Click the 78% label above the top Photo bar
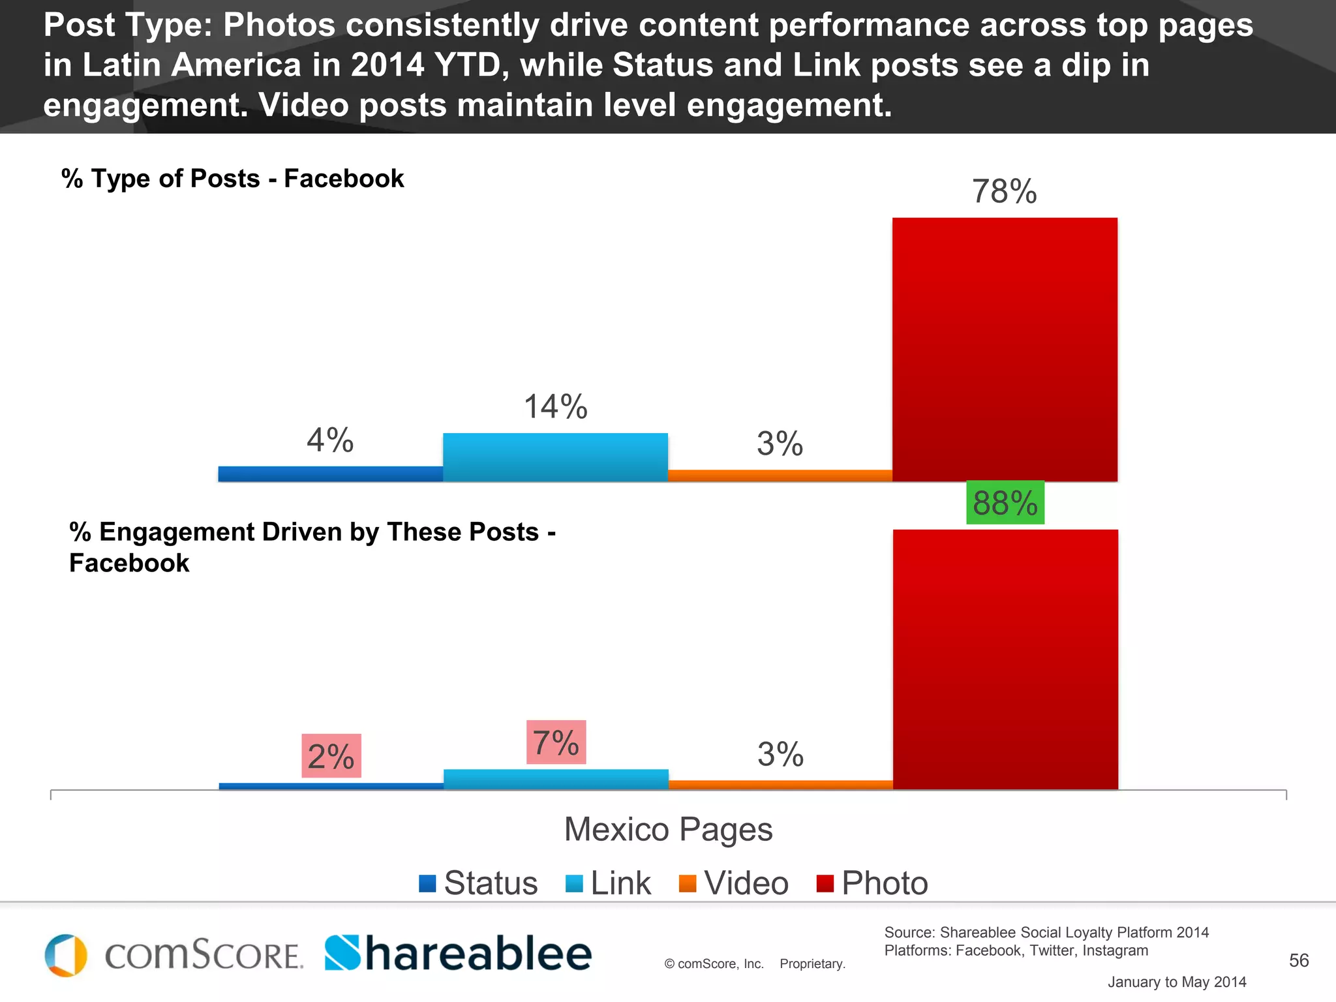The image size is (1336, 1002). click(1004, 192)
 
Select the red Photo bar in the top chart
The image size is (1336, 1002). click(1005, 350)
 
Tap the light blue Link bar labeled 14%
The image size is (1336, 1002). click(555, 457)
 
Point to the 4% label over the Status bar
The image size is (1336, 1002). click(330, 440)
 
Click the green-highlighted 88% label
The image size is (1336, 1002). click(1005, 503)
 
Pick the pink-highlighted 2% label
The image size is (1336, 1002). click(331, 756)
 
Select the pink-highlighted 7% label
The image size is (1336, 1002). click(556, 742)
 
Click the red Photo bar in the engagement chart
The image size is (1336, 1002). click(1005, 659)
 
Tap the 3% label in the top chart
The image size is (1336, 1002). click(780, 444)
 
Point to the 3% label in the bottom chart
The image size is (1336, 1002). click(780, 755)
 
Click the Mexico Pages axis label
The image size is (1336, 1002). click(668, 830)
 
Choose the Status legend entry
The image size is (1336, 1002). click(479, 883)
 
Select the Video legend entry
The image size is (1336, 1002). click(734, 883)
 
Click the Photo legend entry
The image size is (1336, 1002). click(873, 883)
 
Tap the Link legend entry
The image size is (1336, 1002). click(609, 883)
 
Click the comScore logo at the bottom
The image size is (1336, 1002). click(174, 956)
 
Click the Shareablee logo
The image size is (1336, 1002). click(458, 954)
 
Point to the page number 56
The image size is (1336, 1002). click(1298, 960)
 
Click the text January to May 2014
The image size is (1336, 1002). click(1176, 982)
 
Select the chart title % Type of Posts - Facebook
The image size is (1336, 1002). click(233, 179)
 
